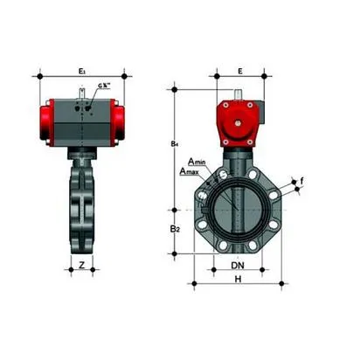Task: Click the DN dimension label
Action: click(x=237, y=264)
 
